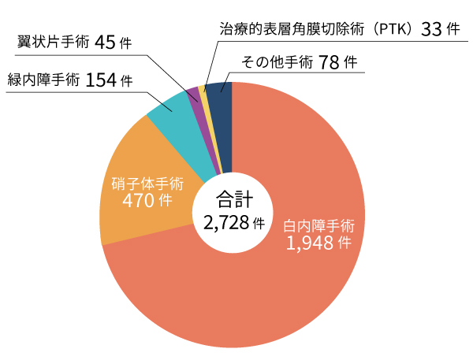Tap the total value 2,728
(225, 222)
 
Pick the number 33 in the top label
(432, 29)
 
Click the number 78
(332, 63)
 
